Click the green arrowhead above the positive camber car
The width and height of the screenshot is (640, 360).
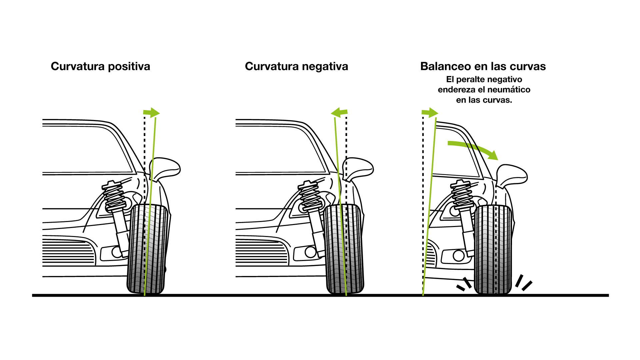coord(154,113)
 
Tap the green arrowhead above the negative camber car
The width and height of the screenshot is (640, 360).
coord(337,112)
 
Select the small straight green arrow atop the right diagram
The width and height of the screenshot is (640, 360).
coord(431,113)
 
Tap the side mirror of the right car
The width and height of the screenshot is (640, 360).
coord(511,175)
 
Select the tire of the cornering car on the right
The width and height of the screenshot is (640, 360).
coord(493,250)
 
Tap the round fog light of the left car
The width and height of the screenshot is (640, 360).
coord(117,252)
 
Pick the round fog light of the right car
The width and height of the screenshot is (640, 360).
coord(458,256)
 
